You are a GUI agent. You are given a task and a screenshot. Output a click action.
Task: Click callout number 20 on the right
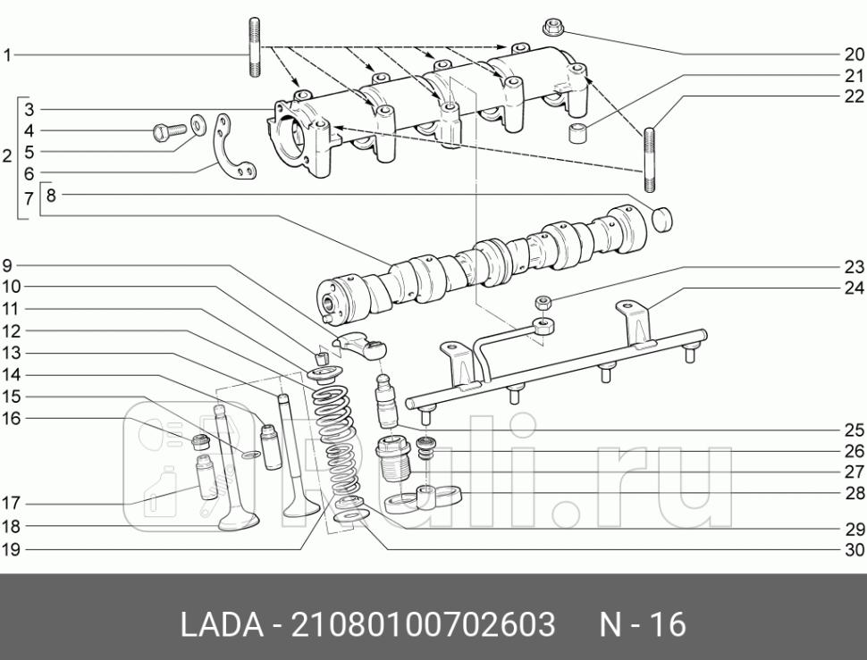854,54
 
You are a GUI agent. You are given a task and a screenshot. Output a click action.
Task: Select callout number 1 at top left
7,55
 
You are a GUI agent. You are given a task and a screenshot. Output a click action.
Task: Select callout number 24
854,288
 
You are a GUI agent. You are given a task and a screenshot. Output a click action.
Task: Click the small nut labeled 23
542,304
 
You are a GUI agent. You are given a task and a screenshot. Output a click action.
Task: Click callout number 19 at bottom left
10,550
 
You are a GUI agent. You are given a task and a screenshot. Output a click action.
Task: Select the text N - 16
641,624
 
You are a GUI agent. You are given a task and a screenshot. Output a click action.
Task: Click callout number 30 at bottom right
854,550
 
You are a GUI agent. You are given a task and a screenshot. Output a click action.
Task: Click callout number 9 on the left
7,265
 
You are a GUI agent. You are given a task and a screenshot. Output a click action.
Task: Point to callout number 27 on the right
854,472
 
